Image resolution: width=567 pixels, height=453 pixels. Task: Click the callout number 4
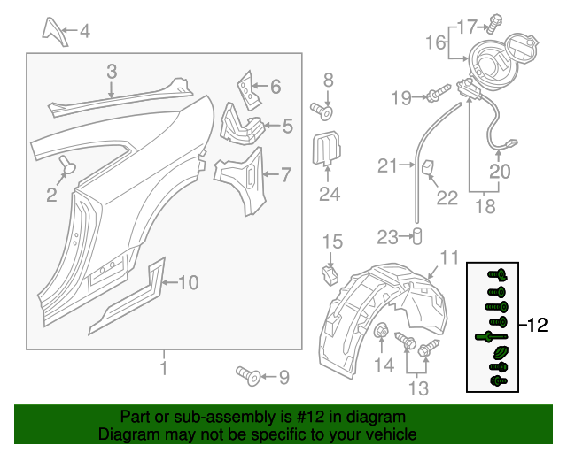click(84, 33)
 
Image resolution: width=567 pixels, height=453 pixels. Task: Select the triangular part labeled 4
click(53, 28)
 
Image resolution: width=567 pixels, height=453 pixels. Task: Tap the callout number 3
click(112, 72)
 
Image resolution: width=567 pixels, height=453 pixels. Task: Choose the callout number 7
click(285, 174)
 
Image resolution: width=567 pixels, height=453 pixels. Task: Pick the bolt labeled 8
click(322, 111)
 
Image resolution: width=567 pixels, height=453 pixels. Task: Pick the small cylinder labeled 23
click(416, 236)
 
